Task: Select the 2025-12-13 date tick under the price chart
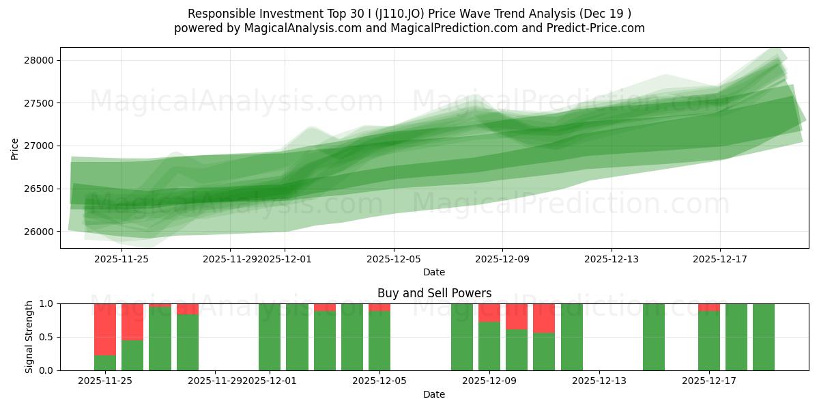612,259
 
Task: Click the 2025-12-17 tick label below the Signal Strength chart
709,381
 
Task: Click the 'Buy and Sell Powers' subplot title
434,293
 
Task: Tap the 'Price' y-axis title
15,148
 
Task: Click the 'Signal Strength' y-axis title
29,337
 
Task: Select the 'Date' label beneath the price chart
434,272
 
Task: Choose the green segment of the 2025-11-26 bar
132,355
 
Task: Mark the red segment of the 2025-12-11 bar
544,318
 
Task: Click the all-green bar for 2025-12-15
654,337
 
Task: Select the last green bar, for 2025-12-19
764,337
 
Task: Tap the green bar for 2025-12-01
270,337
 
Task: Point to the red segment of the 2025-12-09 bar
489,312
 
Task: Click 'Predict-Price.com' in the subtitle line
601,28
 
